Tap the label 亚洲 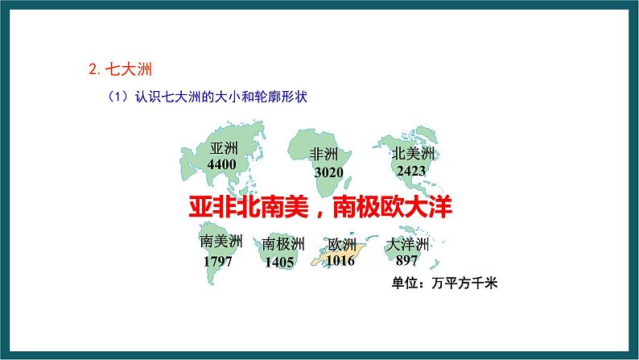point(224,149)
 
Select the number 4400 point(221,163)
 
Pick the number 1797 point(218,262)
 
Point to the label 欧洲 point(341,246)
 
